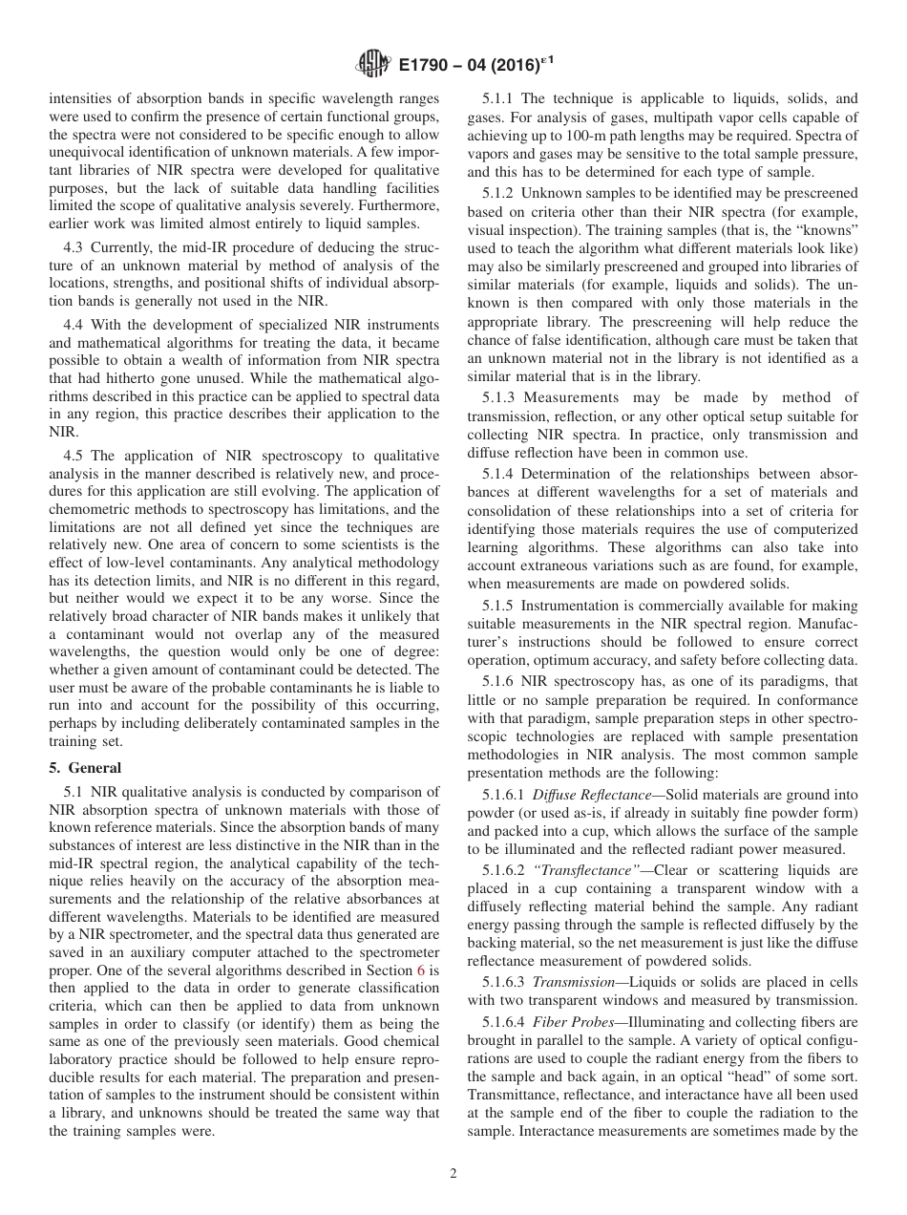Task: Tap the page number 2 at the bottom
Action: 453,1174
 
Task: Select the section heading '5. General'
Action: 85,767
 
